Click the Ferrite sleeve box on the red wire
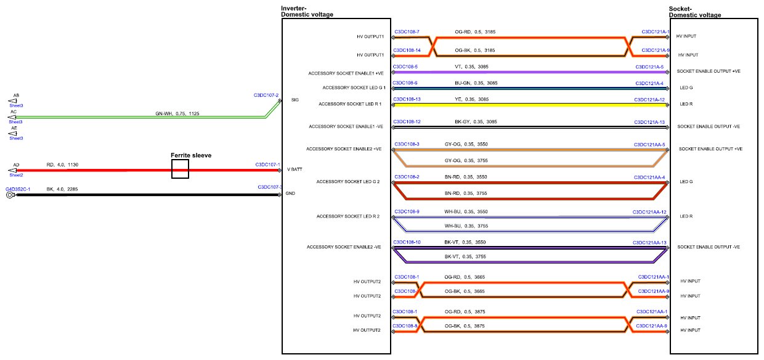pyautogui.click(x=180, y=160)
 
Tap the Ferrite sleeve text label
pyautogui.click(x=191, y=155)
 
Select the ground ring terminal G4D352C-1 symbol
pyautogui.click(x=10, y=195)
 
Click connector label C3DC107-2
pyautogui.click(x=266, y=95)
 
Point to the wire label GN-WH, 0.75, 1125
pyautogui.click(x=177, y=113)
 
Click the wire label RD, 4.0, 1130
pyautogui.click(x=62, y=165)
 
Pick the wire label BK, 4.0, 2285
pyautogui.click(x=62, y=189)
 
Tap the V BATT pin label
pyautogui.click(x=295, y=170)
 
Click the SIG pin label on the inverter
pyautogui.click(x=295, y=100)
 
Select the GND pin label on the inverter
pyautogui.click(x=290, y=193)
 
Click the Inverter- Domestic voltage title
pyautogui.click(x=307, y=11)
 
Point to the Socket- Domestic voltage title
pyautogui.click(x=695, y=12)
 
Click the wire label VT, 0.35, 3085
pyautogui.click(x=471, y=67)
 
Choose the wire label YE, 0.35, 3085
pyautogui.click(x=471, y=99)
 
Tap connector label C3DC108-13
pyautogui.click(x=407, y=99)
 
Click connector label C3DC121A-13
pyautogui.click(x=649, y=122)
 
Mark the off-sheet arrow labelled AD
pyautogui.click(x=12, y=170)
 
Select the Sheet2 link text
pyautogui.click(x=17, y=175)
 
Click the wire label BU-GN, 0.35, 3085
pyautogui.click(x=476, y=83)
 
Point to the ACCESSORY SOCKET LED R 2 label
pyautogui.click(x=348, y=216)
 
